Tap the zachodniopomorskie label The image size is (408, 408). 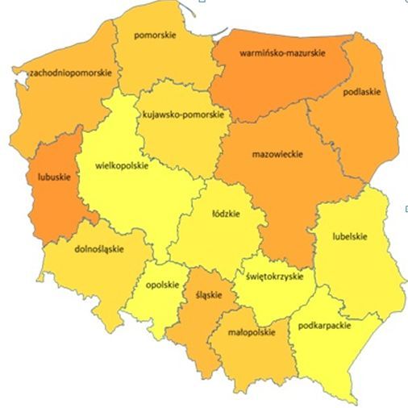[x=71, y=72]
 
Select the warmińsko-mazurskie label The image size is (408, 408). [x=283, y=53]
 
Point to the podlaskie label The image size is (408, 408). [x=362, y=92]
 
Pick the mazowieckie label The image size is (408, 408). [x=277, y=153]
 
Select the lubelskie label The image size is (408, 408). [x=350, y=236]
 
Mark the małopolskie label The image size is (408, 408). [x=252, y=331]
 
